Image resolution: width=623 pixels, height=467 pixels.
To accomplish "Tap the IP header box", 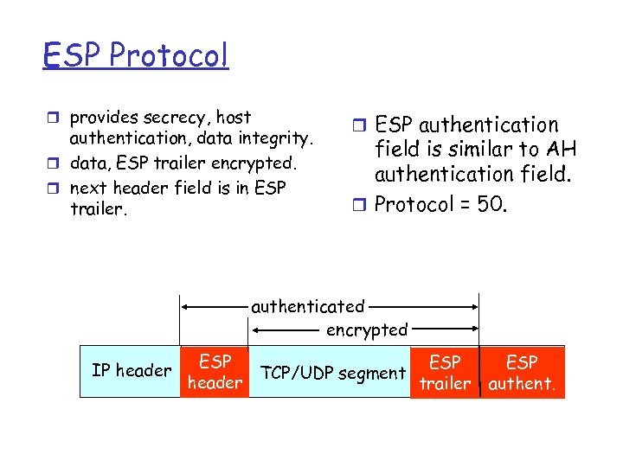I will point(131,372).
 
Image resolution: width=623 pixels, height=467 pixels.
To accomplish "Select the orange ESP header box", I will point(215,372).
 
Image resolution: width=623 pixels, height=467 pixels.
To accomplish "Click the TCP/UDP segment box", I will point(333,373).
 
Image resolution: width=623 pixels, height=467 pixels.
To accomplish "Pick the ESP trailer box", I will point(445,373).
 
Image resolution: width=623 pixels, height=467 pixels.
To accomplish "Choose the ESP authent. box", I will point(522,373).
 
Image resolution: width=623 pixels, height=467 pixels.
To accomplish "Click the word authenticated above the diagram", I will point(307,306).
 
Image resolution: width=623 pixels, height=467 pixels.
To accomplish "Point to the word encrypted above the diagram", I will point(366,329).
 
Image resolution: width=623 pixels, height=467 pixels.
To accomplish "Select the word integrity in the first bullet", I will point(280,137).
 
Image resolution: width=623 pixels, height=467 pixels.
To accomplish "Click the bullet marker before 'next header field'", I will point(54,188).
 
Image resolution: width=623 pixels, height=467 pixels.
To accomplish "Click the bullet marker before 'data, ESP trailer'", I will point(54,163).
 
